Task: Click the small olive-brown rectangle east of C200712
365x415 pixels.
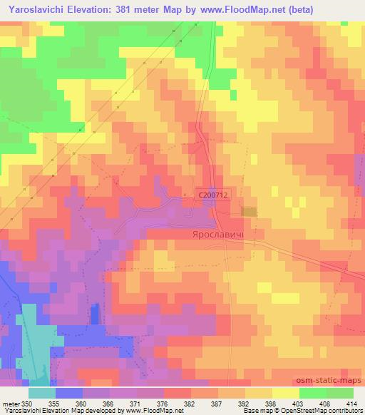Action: click(x=249, y=211)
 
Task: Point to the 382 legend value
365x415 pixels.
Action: click(x=189, y=404)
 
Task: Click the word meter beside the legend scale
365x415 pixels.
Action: click(x=10, y=404)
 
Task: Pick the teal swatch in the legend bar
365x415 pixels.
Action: click(x=41, y=393)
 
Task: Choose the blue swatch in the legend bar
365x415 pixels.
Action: click(x=68, y=393)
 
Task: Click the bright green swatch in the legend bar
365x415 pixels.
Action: click(x=313, y=393)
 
